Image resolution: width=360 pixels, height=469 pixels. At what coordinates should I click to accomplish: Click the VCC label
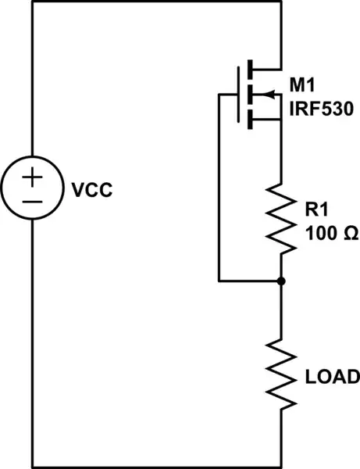(x=92, y=189)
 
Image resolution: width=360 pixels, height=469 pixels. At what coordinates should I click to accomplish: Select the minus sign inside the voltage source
(x=32, y=201)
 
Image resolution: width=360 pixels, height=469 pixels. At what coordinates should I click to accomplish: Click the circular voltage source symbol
(x=32, y=189)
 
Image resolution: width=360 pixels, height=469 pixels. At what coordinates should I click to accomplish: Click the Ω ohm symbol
(x=348, y=234)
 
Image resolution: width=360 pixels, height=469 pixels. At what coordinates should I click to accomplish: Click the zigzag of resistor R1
(x=280, y=219)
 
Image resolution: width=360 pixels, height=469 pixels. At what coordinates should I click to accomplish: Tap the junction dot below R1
(x=280, y=280)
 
